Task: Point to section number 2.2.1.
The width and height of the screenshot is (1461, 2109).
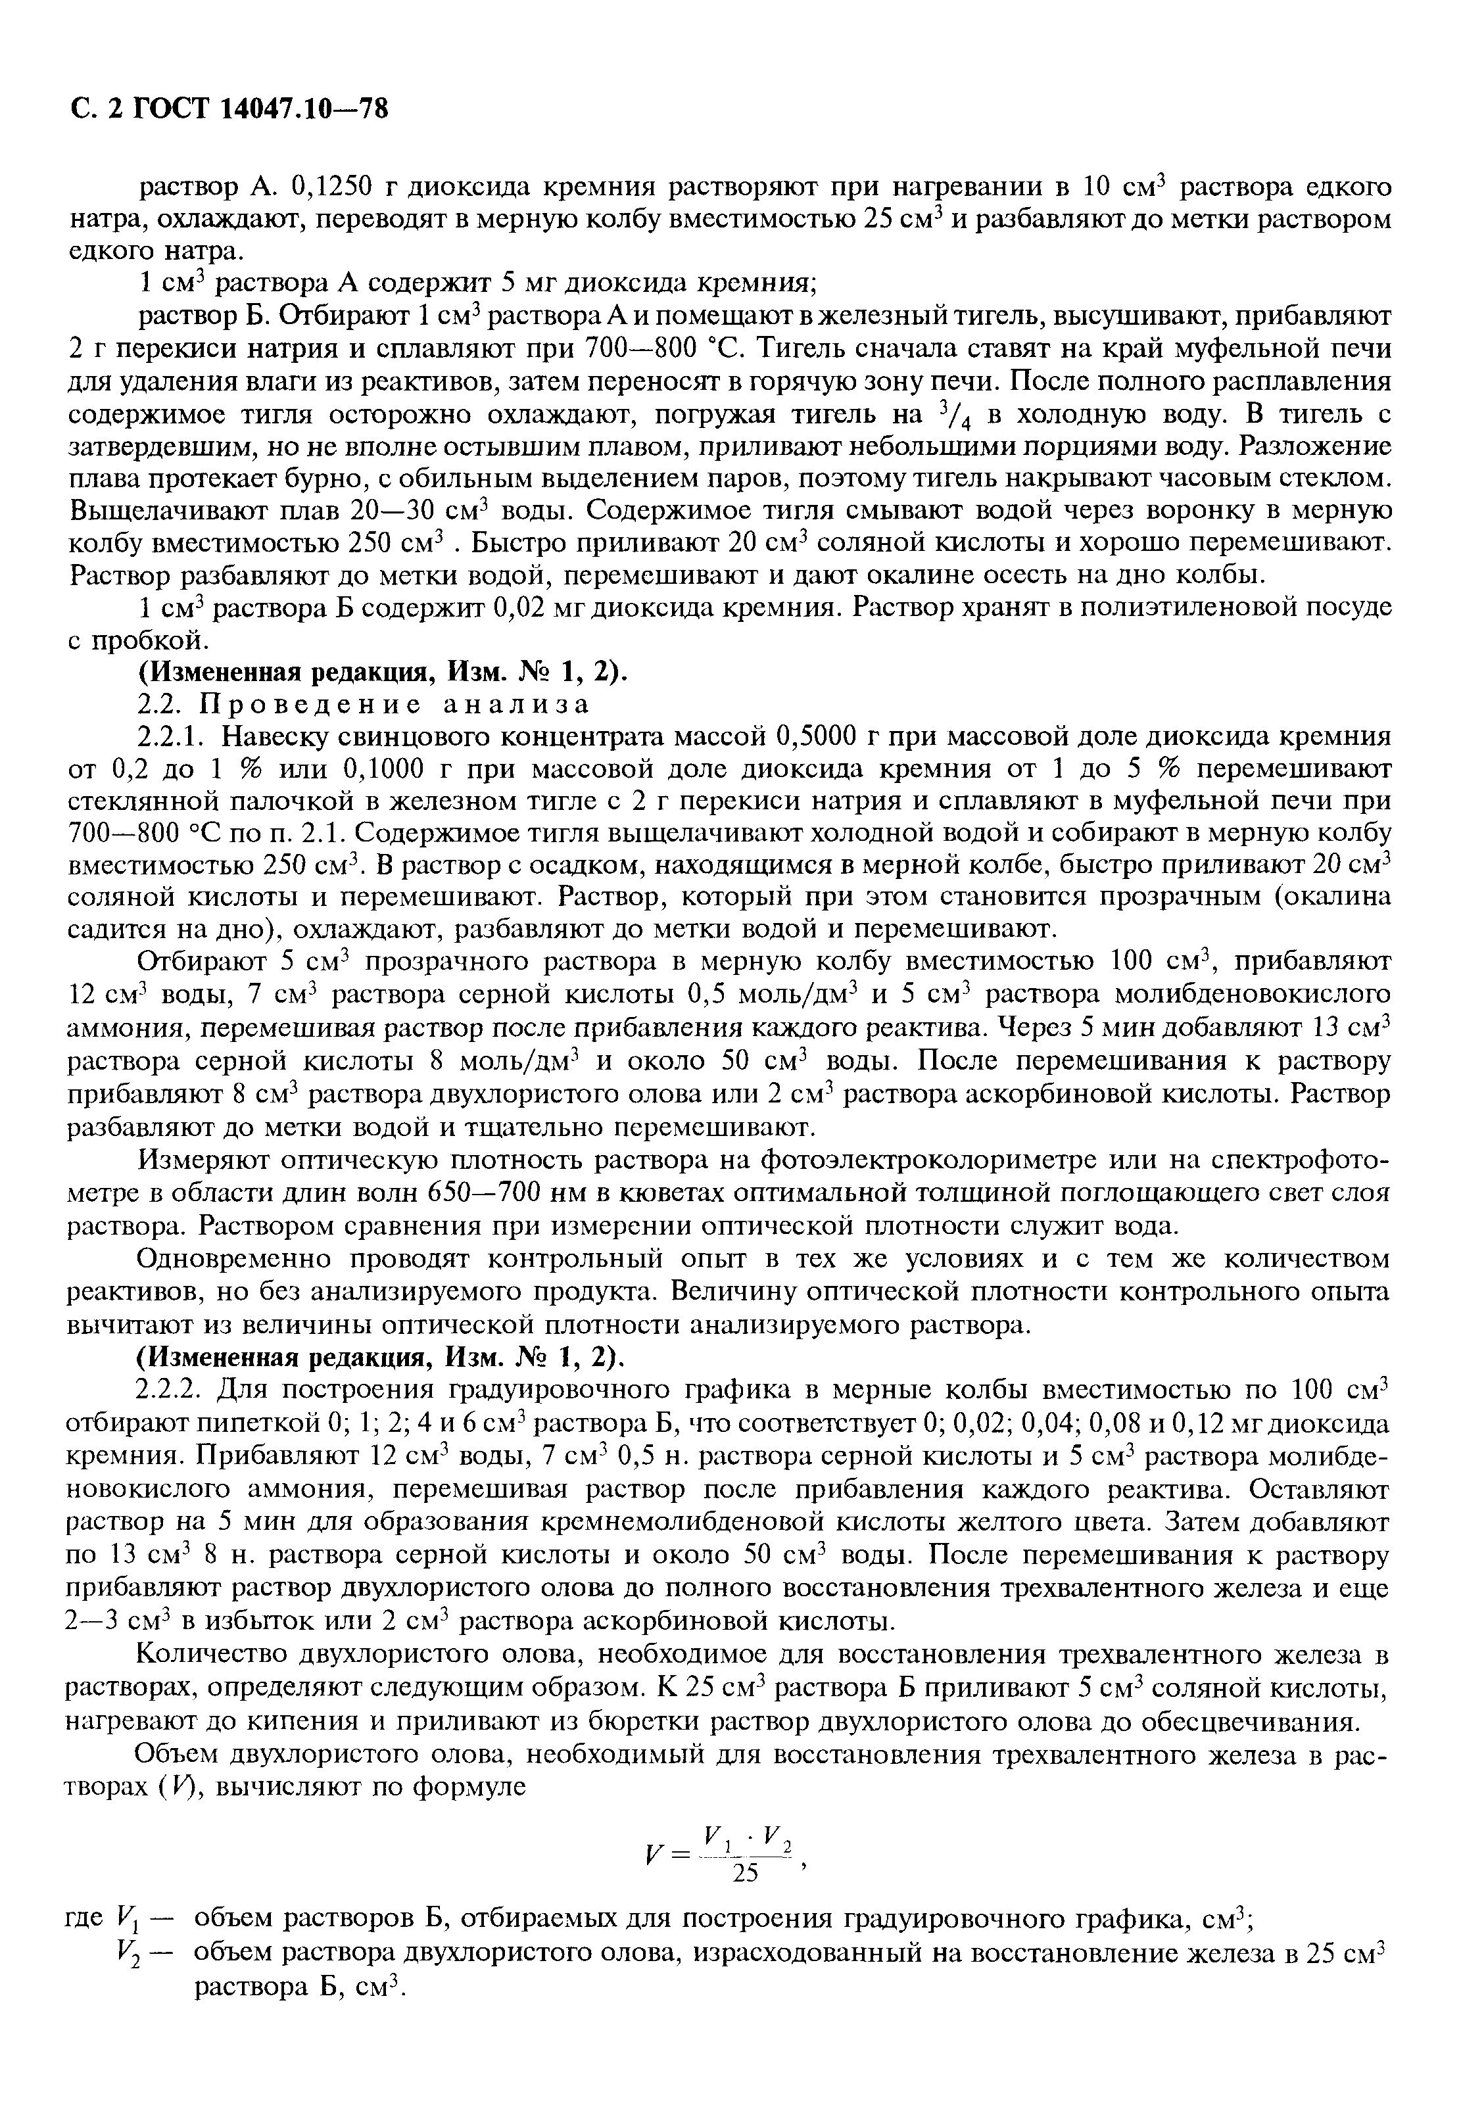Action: click(x=174, y=737)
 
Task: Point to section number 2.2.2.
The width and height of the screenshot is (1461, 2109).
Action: click(x=174, y=1390)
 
